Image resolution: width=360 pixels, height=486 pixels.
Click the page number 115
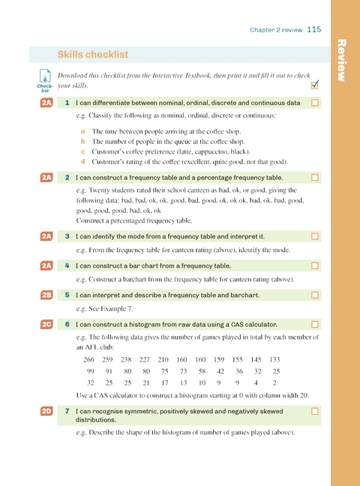pos(313,29)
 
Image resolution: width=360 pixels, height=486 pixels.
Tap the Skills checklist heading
pos(92,54)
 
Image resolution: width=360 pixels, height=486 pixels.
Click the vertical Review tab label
pos(343,60)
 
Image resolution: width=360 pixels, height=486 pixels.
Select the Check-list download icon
pos(44,79)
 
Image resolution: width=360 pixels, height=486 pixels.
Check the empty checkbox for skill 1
pos(315,102)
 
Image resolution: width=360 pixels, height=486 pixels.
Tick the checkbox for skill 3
pos(315,236)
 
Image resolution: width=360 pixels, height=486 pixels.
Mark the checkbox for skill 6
pos(315,324)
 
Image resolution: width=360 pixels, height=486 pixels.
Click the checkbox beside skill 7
pos(315,411)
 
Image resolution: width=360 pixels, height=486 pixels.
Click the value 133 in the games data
pos(274,359)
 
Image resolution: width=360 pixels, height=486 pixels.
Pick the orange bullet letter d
pos(82,161)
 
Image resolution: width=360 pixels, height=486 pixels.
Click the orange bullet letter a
pos(82,130)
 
